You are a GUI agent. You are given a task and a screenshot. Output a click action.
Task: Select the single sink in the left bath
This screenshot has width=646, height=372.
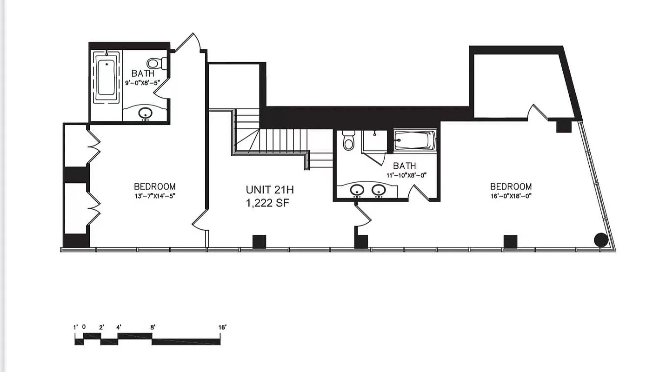[x=146, y=113]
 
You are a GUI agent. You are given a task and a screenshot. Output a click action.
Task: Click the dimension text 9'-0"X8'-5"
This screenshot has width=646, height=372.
[x=143, y=84]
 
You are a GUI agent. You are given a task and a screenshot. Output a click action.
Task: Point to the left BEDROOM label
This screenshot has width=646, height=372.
[x=155, y=186]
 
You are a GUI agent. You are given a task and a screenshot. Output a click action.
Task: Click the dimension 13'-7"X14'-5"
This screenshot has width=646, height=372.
[x=155, y=196]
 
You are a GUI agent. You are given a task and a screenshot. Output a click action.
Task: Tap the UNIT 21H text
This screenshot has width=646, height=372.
[x=270, y=190]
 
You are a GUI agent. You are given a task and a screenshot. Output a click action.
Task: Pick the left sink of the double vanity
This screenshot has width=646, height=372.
[x=357, y=190]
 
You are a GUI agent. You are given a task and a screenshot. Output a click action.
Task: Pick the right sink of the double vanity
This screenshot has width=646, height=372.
[x=379, y=190]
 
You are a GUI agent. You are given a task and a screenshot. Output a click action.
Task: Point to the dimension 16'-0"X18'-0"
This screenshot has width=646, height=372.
[x=510, y=196]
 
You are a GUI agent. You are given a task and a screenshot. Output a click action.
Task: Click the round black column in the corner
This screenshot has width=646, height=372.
[x=601, y=239]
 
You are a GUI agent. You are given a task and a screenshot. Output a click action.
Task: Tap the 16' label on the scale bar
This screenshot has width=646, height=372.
[x=222, y=327]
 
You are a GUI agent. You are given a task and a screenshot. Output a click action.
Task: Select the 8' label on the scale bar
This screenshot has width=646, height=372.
[x=153, y=327]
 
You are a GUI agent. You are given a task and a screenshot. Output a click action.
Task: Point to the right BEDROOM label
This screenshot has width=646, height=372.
[x=510, y=186]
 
